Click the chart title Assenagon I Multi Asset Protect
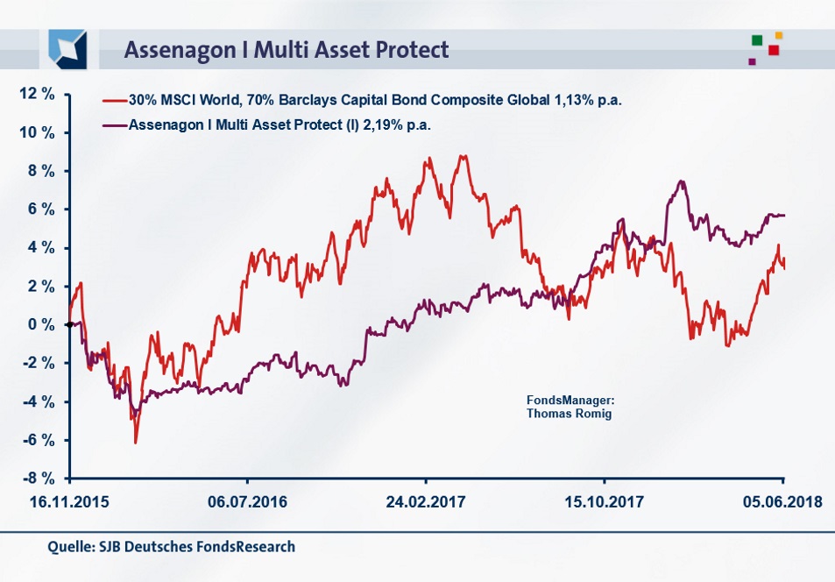[x=287, y=49]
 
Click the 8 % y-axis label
[x=38, y=171]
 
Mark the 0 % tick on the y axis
[x=38, y=324]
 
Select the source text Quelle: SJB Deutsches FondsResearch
[x=172, y=547]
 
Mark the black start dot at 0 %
[x=69, y=324]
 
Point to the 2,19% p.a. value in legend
[x=403, y=124]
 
